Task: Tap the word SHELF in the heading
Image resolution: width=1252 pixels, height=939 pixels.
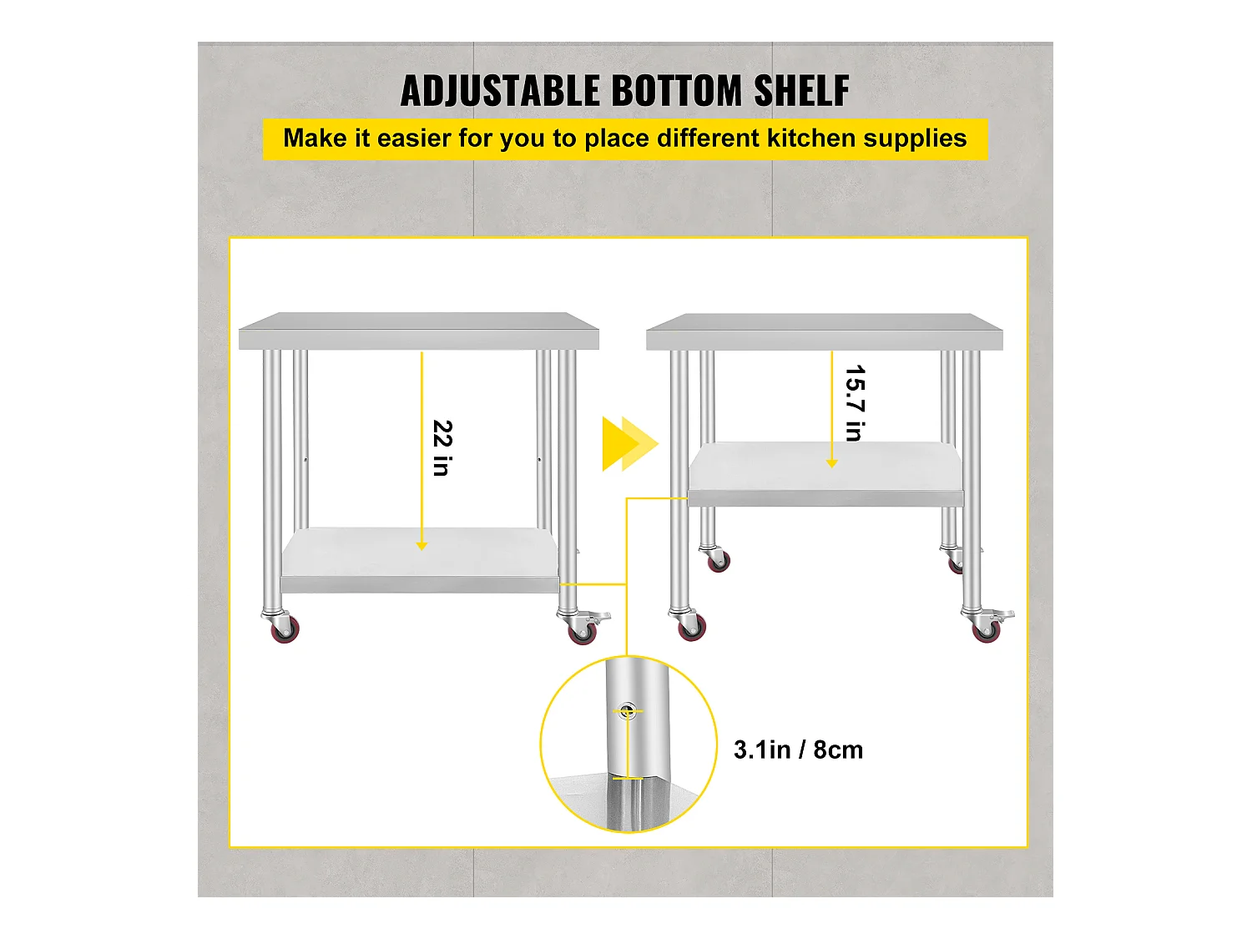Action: [801, 91]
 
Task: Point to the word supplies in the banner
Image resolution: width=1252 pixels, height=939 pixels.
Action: [915, 139]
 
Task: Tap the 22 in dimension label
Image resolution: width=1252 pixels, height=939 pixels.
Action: [442, 448]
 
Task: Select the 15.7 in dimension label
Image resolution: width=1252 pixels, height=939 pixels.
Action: [855, 403]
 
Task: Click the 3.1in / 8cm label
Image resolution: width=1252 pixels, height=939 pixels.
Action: [798, 750]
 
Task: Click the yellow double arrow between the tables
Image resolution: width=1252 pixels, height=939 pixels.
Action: [629, 444]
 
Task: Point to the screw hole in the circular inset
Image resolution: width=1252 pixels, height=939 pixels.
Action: [628, 710]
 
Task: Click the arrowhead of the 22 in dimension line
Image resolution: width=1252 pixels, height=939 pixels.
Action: [422, 546]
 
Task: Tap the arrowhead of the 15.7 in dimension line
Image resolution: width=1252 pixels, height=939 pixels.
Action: [832, 463]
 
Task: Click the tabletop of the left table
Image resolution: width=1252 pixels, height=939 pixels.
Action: [419, 331]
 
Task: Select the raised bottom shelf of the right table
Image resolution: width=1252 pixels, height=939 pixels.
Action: [825, 473]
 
